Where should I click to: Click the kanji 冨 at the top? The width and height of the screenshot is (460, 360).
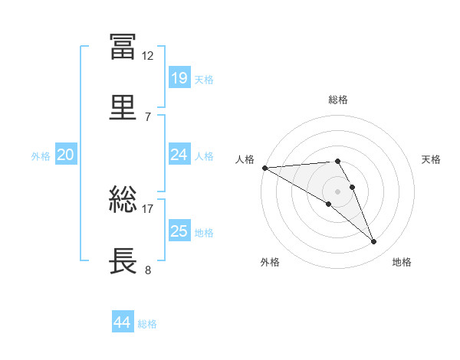123,47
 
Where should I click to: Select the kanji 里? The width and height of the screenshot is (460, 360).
123,106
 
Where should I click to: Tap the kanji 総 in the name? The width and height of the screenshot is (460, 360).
123,200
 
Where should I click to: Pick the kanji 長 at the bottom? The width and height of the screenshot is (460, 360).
123,260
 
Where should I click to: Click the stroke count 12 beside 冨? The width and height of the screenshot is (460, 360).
148,56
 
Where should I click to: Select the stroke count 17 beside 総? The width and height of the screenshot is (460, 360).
148,208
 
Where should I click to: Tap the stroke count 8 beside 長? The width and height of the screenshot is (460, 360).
147,269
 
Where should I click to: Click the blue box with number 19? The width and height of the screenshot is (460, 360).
179,78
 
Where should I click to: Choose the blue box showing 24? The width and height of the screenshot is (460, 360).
179,155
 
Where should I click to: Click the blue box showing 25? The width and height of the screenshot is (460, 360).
179,231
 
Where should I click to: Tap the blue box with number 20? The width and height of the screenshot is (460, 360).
65,155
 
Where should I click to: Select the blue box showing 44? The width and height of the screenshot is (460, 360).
122,322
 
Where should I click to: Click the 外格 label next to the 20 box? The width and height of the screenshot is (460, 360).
41,155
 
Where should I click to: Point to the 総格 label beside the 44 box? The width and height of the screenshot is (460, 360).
147,323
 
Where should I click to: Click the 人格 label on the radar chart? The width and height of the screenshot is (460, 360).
245,159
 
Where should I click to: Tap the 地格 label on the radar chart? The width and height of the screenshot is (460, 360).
402,262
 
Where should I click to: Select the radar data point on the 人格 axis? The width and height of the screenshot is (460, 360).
264,168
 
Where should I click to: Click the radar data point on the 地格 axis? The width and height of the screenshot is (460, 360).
373,242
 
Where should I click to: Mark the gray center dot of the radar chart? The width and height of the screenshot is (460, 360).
337,191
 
